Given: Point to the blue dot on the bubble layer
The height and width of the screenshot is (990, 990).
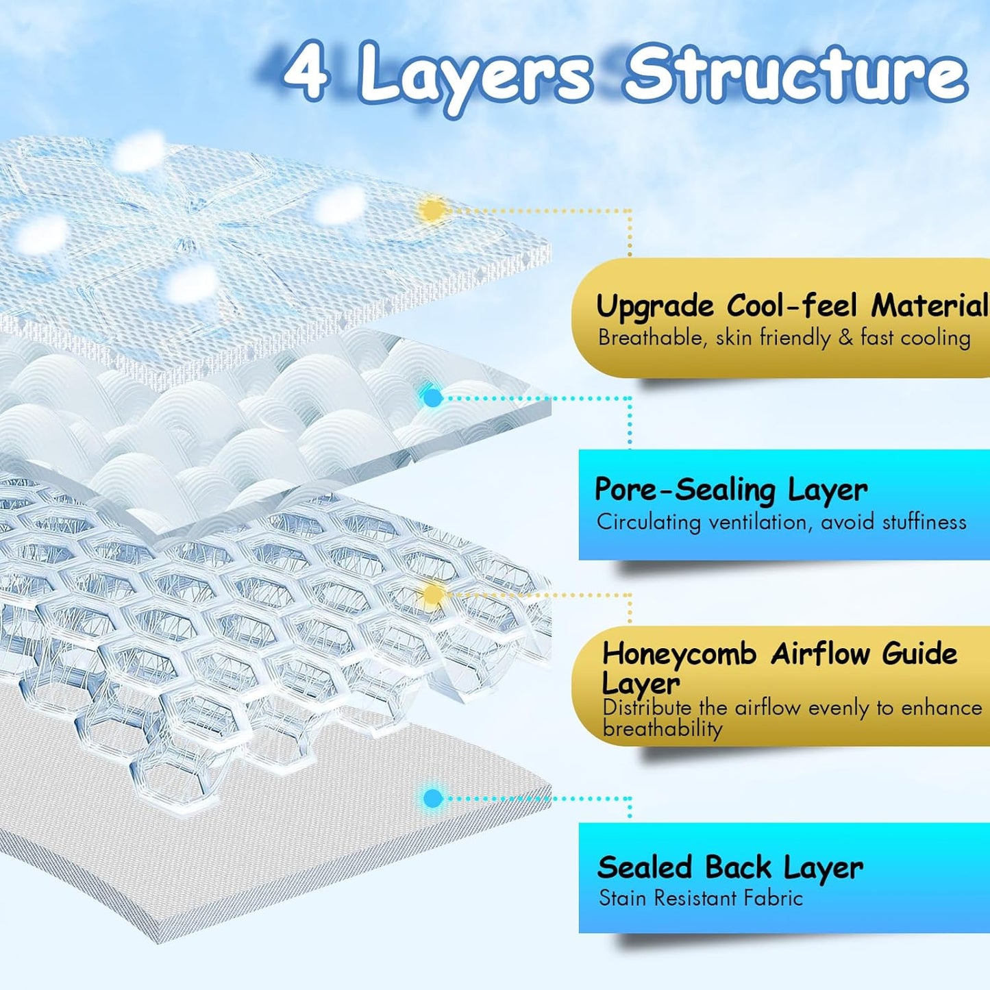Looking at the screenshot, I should tap(432, 397).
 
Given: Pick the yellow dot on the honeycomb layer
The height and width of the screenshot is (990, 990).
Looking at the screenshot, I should tap(432, 595).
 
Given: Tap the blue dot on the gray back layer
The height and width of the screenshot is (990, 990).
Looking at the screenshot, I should tap(432, 797).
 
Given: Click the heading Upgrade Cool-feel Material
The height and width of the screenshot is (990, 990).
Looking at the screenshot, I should tap(791, 306).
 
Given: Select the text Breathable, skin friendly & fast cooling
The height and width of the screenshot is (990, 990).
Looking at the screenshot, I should tap(784, 338).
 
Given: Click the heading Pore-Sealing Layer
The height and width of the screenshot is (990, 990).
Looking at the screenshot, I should tap(730, 490).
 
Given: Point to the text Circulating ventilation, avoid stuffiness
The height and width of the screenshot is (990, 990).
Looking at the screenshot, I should tap(781, 522).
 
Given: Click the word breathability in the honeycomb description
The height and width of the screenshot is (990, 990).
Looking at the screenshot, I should tap(663, 729).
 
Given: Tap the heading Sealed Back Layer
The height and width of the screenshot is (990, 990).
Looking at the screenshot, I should tap(730, 867).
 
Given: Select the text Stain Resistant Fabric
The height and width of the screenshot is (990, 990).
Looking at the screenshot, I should tap(700, 898).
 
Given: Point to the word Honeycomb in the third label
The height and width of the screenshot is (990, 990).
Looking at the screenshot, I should tap(679, 654).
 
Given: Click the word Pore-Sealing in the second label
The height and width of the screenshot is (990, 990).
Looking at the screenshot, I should tap(684, 490).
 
